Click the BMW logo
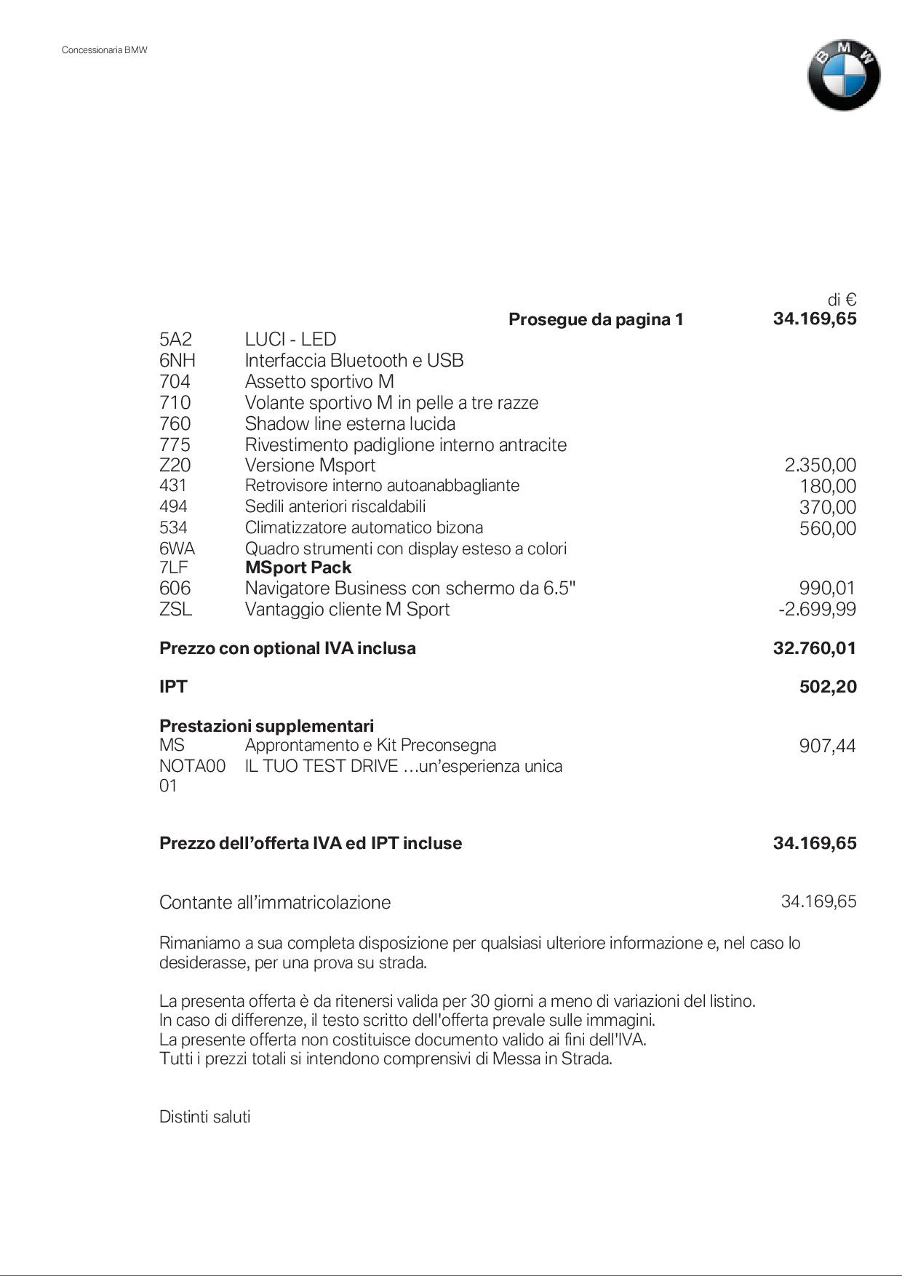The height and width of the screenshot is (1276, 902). [x=843, y=76]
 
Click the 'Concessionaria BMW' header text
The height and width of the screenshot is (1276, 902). [x=105, y=50]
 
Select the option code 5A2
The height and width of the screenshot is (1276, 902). [x=175, y=340]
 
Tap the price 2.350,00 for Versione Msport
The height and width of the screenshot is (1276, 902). [x=820, y=466]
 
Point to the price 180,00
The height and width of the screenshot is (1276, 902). [x=828, y=487]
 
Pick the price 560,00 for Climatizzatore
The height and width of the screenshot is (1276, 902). [x=828, y=529]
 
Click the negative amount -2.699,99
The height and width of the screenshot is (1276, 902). [x=817, y=610]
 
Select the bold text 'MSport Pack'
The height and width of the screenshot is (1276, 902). [x=298, y=568]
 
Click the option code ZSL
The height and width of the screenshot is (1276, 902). [x=175, y=610]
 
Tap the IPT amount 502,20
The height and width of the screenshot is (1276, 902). [x=828, y=687]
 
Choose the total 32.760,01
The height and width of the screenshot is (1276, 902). [x=815, y=648]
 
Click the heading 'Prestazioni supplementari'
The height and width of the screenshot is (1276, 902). [x=266, y=726]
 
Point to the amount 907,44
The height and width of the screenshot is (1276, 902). [x=827, y=746]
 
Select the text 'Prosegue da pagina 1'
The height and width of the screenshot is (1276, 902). [x=596, y=320]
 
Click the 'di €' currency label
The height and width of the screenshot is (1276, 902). [x=842, y=300]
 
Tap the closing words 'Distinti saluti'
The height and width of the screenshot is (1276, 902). [x=204, y=1117]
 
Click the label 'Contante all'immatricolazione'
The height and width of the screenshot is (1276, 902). [x=275, y=903]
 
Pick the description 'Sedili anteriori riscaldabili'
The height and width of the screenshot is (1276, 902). [x=335, y=507]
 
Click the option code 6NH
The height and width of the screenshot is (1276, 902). [x=177, y=361]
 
